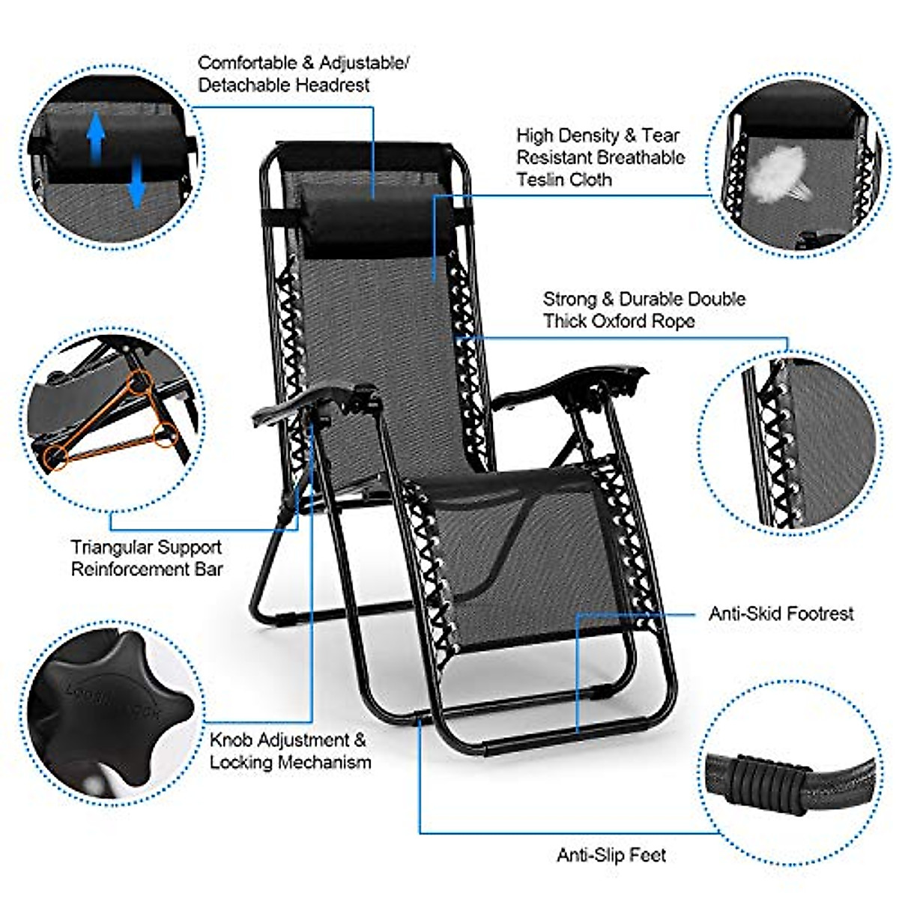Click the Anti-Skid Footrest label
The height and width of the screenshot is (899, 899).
coord(781,614)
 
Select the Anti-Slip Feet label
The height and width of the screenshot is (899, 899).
coord(611,855)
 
